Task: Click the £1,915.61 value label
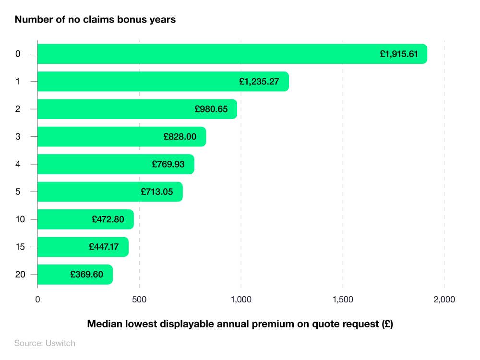click(x=399, y=54)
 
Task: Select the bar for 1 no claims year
click(x=163, y=82)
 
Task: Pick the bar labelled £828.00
click(x=121, y=137)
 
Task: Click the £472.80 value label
click(x=108, y=219)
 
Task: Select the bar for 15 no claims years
click(x=83, y=247)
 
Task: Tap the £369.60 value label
click(x=86, y=275)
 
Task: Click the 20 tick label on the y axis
click(x=20, y=275)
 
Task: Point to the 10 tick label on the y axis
click(x=20, y=219)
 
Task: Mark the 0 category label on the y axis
click(x=18, y=54)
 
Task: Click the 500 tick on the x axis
click(x=139, y=300)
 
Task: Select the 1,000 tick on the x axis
click(x=241, y=300)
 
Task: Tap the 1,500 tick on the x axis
click(x=343, y=300)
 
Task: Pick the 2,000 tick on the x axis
click(x=444, y=300)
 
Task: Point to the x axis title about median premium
click(x=240, y=324)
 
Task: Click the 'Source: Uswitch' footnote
click(x=45, y=343)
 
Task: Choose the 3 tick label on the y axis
click(x=18, y=137)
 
